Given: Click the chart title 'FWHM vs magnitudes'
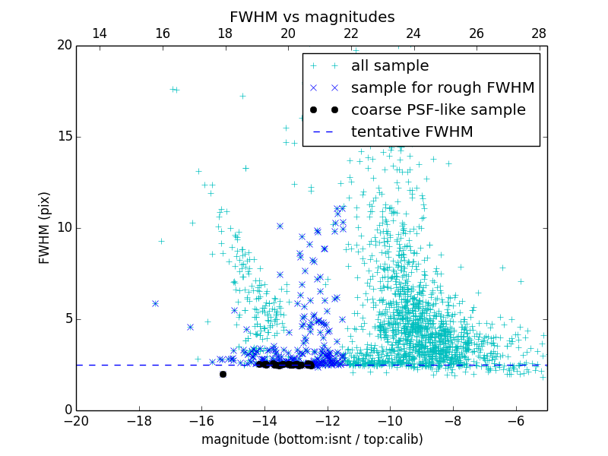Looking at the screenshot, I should point(312,17).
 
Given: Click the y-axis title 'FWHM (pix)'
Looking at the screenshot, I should point(45,227).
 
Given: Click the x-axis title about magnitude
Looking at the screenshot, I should point(312,439).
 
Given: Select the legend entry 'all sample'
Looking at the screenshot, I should point(390,66).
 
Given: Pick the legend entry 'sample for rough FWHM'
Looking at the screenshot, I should point(442,88).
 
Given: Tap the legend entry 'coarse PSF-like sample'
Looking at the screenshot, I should point(438,110).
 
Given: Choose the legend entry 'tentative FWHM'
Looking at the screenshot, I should point(412,132).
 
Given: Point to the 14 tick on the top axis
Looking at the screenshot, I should point(99,33).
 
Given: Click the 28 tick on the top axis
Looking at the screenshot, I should point(539,33).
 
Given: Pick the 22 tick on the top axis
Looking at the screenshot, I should point(350,33).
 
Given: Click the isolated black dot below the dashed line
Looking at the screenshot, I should point(223,374).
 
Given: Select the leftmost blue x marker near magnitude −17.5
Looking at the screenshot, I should point(155,303).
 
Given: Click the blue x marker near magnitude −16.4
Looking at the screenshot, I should point(190,327).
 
